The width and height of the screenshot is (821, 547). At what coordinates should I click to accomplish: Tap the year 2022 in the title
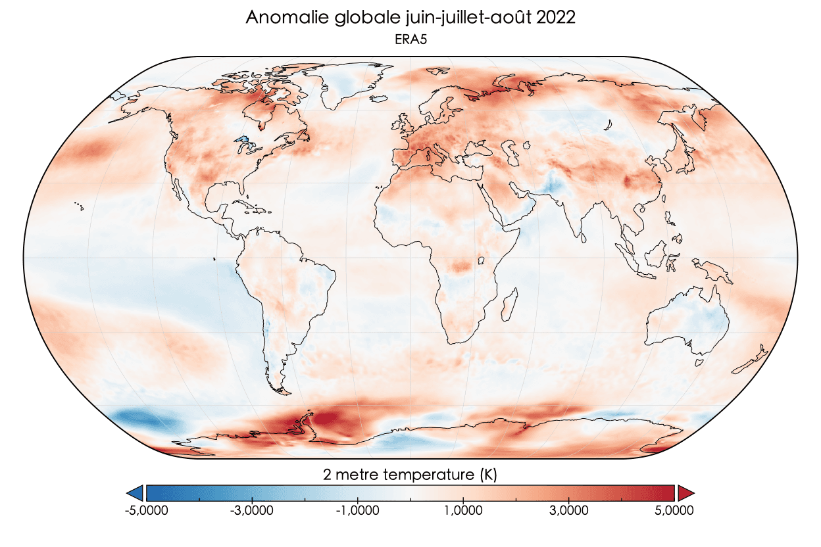[556, 18]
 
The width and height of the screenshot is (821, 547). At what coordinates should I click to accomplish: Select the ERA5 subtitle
[410, 39]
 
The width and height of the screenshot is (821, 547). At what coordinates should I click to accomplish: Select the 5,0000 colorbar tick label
[674, 510]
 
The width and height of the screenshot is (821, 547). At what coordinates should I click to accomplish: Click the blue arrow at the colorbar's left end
[135, 492]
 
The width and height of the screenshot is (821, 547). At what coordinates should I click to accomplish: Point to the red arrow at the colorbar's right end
[686, 492]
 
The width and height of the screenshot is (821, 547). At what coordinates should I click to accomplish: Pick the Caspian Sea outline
[509, 153]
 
